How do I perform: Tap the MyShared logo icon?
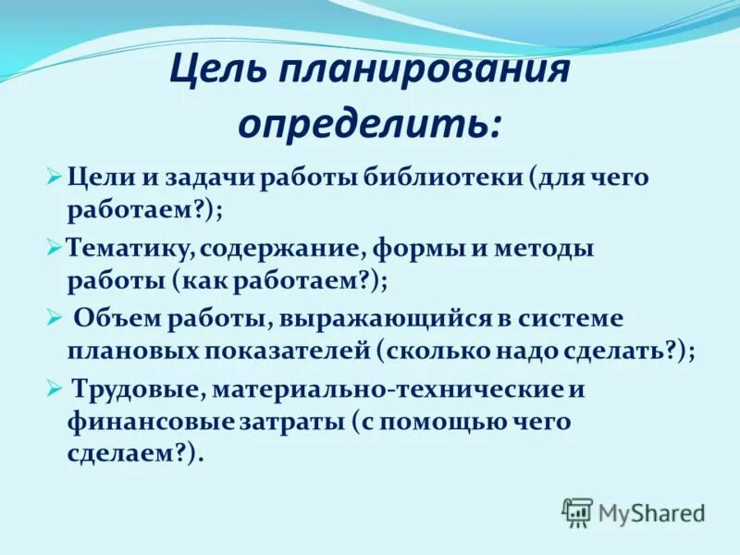pyautogui.click(x=577, y=513)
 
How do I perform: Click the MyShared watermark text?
pyautogui.click(x=652, y=513)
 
